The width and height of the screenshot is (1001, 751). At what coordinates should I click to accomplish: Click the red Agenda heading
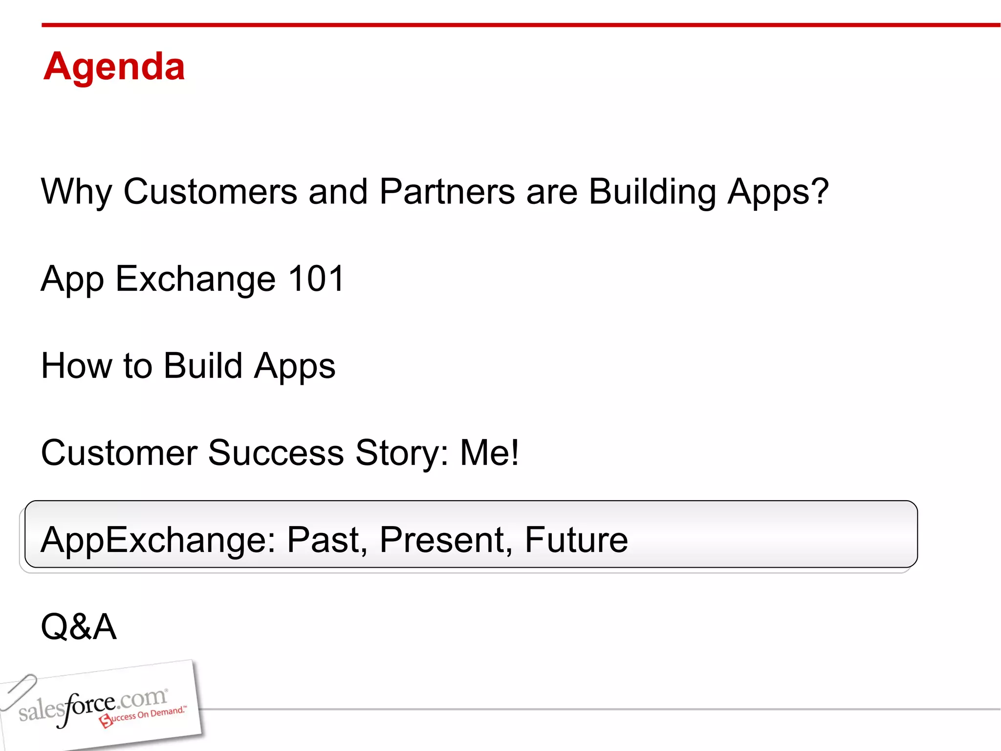coord(114,67)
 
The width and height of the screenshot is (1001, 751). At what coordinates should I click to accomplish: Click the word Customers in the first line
coord(210,191)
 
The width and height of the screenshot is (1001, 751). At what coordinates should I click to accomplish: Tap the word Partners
coord(447,191)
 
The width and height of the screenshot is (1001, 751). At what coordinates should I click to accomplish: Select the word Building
coord(652,192)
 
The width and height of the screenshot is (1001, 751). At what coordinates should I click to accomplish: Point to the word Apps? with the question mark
coord(778,192)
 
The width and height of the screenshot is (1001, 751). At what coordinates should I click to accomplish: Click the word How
coord(76,366)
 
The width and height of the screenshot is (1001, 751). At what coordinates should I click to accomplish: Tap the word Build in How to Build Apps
coord(203,366)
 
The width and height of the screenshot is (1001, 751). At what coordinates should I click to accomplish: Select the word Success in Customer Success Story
coord(276,453)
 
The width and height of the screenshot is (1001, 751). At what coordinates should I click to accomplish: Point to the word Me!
coord(489,453)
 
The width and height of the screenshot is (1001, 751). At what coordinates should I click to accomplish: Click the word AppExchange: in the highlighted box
coord(158,540)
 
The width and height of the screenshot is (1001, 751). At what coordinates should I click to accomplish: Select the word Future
coord(576,540)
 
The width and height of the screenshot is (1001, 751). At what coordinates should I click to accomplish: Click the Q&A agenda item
coord(79,627)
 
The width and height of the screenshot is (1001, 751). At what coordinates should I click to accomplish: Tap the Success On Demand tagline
coord(144,716)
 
